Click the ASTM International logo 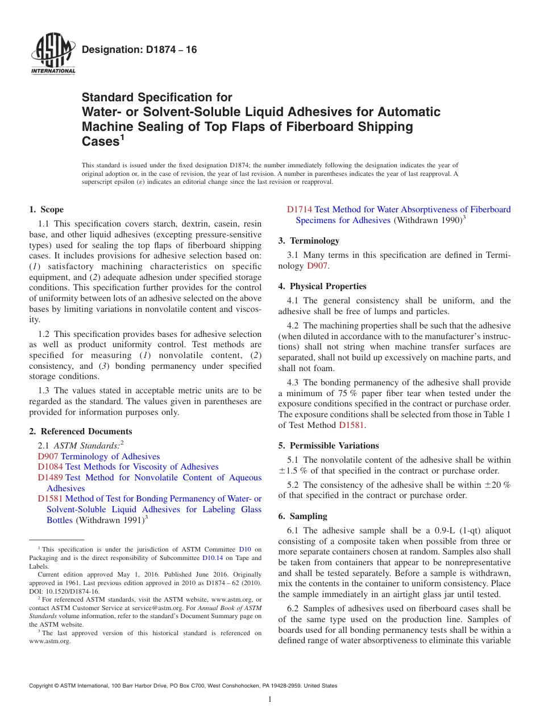[x=53, y=54]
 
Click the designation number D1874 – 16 [x=140, y=50]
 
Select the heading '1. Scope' [x=47, y=209]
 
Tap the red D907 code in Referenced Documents [x=48, y=456]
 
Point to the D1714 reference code [x=300, y=209]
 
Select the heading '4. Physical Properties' [x=322, y=286]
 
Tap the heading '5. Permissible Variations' [x=329, y=446]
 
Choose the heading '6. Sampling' [x=303, y=516]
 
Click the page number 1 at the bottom [x=270, y=700]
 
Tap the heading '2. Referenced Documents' [x=81, y=431]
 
